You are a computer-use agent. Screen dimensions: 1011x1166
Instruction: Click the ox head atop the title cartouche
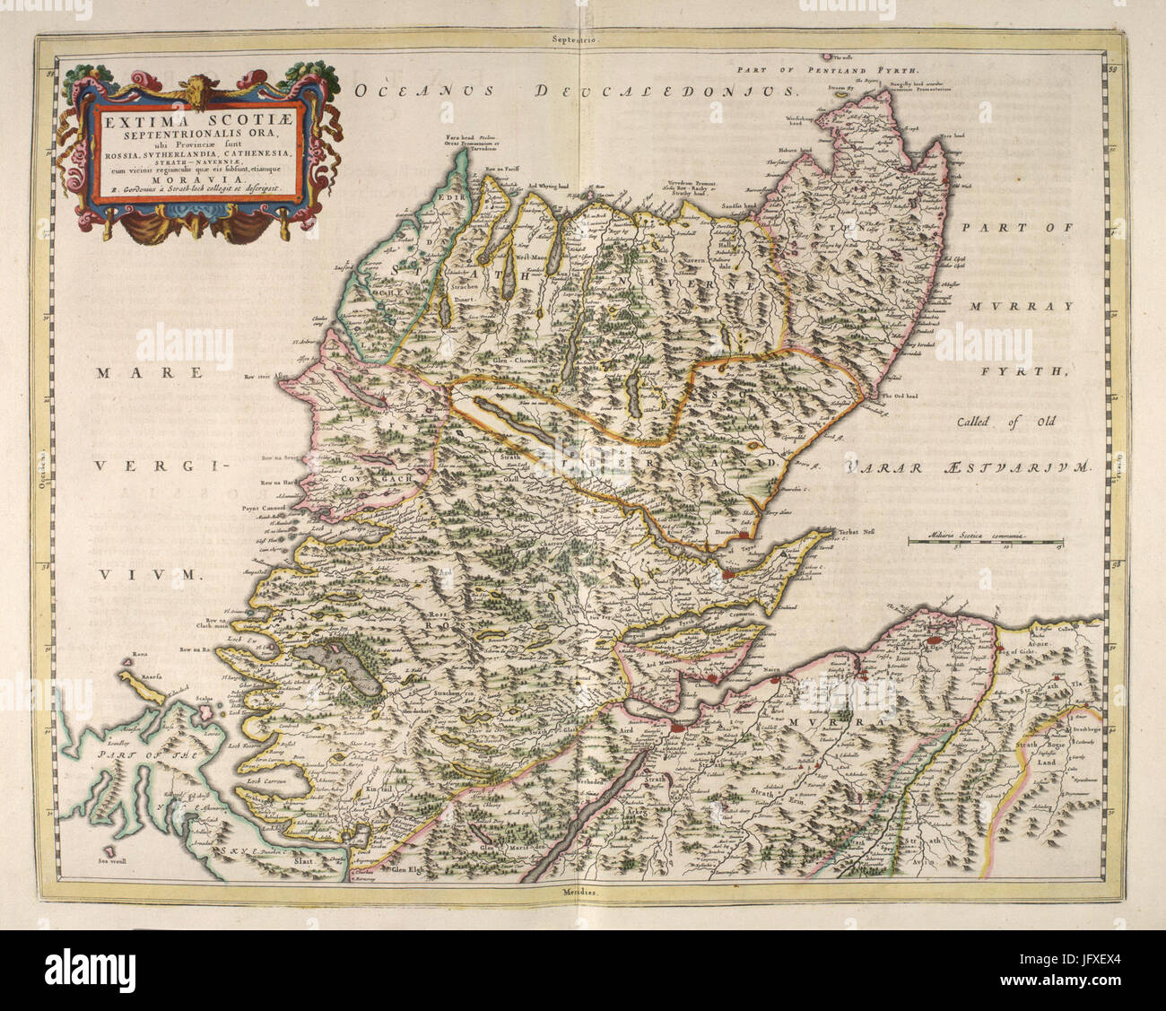192,88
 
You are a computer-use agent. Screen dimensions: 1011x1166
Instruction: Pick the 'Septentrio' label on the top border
576,40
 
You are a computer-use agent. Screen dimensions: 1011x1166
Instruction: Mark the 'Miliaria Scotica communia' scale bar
985,538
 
